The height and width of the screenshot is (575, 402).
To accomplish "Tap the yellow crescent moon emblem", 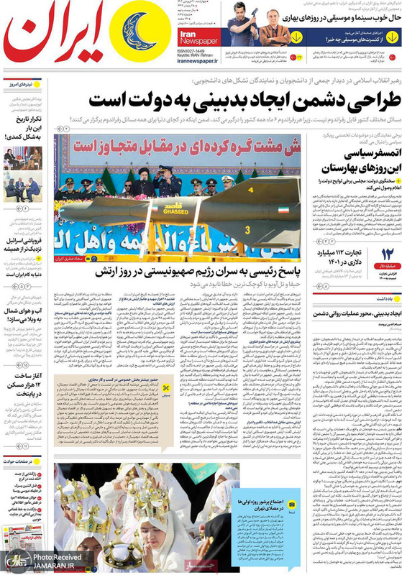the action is [x=135, y=37].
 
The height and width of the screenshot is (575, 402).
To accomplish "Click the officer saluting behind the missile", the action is [x=167, y=183].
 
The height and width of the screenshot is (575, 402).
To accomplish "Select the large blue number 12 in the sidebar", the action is [x=386, y=274].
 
